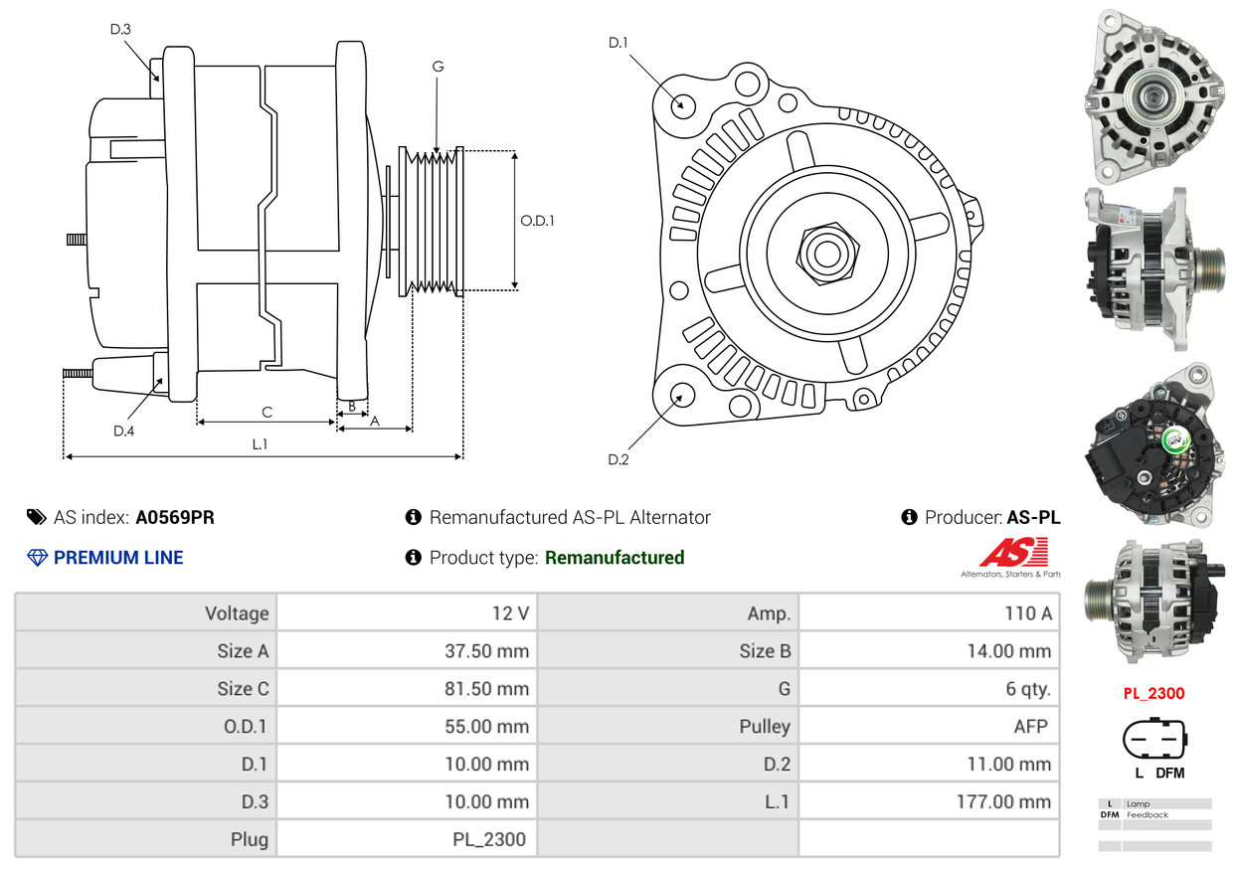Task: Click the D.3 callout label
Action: coord(120,29)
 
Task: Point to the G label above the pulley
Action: coord(438,67)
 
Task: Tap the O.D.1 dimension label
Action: coord(537,221)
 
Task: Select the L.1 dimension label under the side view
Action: coord(260,444)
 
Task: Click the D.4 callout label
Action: coord(123,431)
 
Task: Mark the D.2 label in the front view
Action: coord(618,459)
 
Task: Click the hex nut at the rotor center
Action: coord(825,252)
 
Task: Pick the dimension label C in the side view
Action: coord(266,412)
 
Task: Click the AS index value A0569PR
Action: coord(175,518)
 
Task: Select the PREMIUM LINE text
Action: coord(118,558)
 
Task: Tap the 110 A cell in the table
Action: coord(1027,613)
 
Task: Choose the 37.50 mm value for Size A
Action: coord(486,651)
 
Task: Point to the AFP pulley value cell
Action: coord(1030,727)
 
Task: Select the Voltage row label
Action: coord(237,613)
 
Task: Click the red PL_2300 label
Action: coord(1153,694)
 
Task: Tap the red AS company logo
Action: coord(1014,553)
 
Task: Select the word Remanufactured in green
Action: coord(615,558)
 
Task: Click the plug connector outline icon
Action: coord(1153,737)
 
